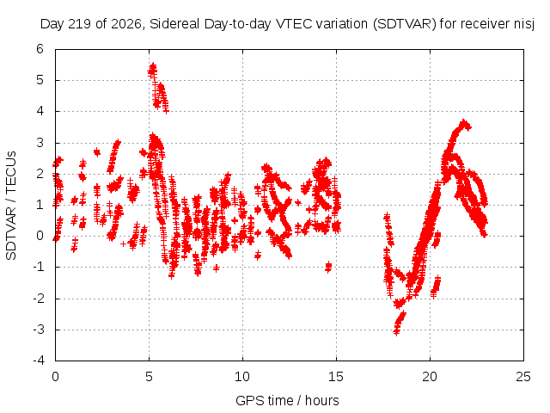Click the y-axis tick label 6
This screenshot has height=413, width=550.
40,49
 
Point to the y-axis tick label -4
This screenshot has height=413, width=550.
39,361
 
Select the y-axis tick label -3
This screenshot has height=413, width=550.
39,330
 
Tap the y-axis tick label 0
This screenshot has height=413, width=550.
40,236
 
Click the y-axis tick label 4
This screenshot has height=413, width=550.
40,111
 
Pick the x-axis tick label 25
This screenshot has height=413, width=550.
523,377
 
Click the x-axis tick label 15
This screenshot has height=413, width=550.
336,377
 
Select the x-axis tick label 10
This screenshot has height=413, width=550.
242,377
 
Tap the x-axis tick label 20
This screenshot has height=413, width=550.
430,377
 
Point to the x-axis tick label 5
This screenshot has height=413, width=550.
149,377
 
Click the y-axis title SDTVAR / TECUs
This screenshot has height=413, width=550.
11,206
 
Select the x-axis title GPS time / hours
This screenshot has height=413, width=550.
287,400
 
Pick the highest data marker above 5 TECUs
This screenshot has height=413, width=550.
153,65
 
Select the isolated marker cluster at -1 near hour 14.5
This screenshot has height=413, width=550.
328,267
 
